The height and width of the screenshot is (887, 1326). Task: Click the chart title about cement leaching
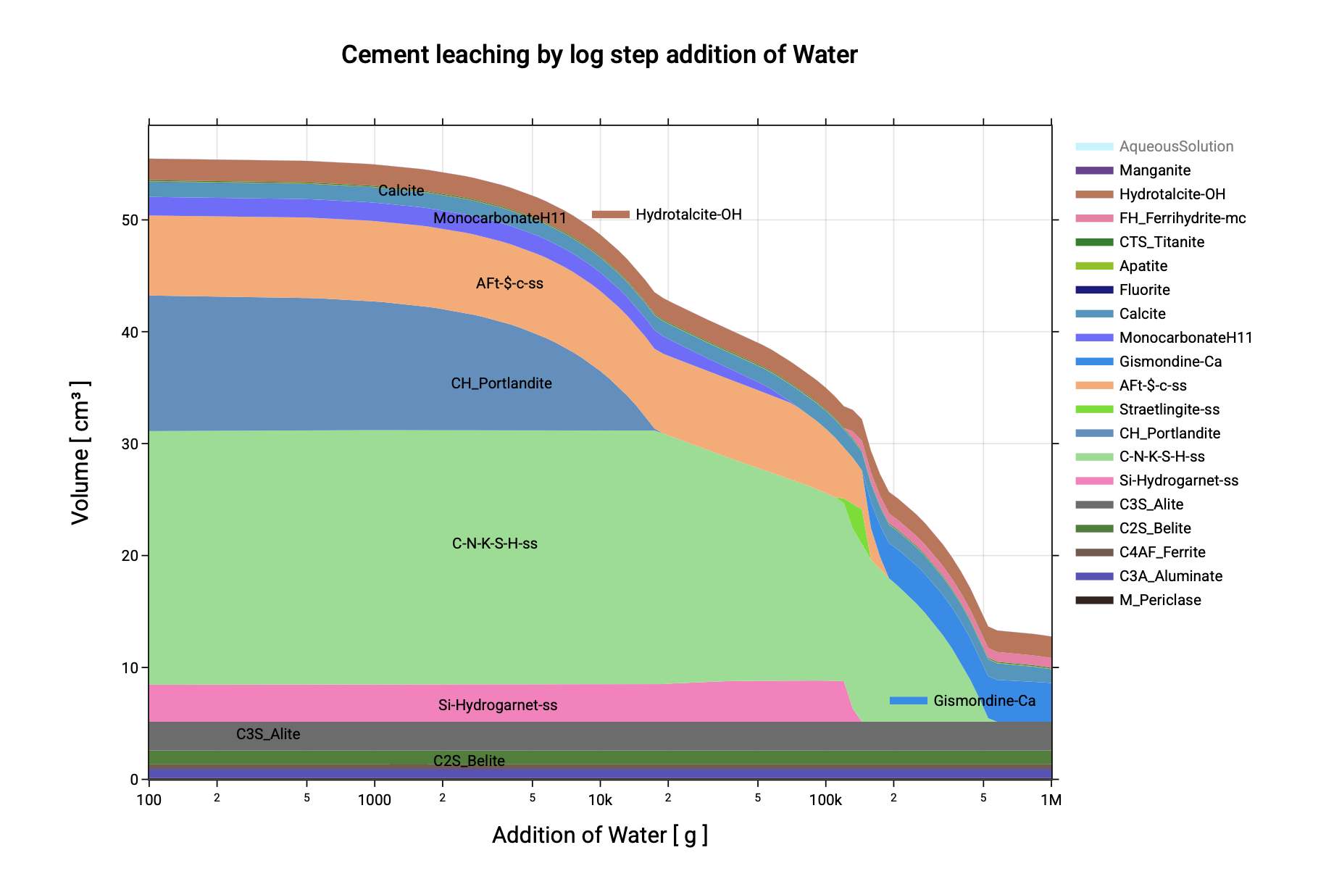pos(599,55)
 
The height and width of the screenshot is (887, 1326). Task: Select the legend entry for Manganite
pos(1154,170)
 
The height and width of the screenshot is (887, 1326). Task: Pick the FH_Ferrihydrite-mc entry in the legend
pos(1182,218)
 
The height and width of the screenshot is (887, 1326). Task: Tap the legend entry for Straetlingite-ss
pos(1169,409)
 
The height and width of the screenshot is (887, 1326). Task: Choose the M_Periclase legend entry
pos(1159,600)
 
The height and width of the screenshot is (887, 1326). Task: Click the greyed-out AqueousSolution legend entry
pos(1175,146)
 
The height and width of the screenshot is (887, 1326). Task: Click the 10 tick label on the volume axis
pos(130,667)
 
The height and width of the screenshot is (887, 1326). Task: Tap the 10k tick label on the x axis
pos(600,800)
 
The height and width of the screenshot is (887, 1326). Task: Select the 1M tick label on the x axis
pos(1051,800)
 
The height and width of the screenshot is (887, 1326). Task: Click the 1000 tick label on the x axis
pos(374,800)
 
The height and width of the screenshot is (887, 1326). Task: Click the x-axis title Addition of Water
pos(599,835)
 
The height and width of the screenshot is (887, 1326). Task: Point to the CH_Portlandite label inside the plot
pos(501,383)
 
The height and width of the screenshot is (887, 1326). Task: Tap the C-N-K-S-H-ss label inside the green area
pos(495,544)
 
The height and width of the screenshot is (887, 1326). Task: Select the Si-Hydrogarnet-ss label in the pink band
pos(498,705)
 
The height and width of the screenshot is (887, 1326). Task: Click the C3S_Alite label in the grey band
pos(268,734)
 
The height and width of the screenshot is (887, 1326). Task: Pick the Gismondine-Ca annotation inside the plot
pos(984,701)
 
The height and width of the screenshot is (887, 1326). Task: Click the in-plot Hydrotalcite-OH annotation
pos(688,215)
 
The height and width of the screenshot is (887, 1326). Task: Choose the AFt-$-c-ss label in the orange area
pos(509,283)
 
